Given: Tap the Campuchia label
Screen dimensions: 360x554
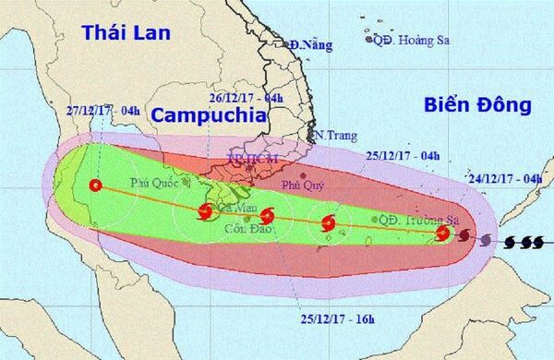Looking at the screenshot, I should [x=209, y=114].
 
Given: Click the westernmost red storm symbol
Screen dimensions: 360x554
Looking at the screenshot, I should [x=94, y=185].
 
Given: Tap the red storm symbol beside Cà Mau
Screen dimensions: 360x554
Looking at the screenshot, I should [x=204, y=212].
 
